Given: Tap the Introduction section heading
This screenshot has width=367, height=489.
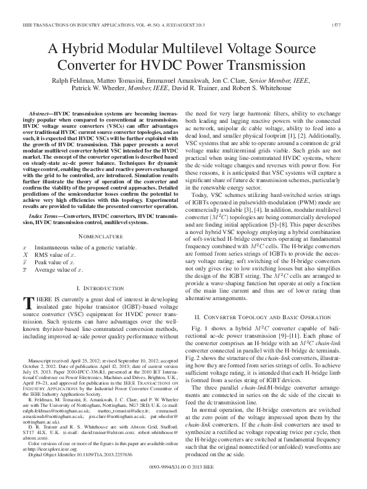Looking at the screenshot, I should [99, 288].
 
